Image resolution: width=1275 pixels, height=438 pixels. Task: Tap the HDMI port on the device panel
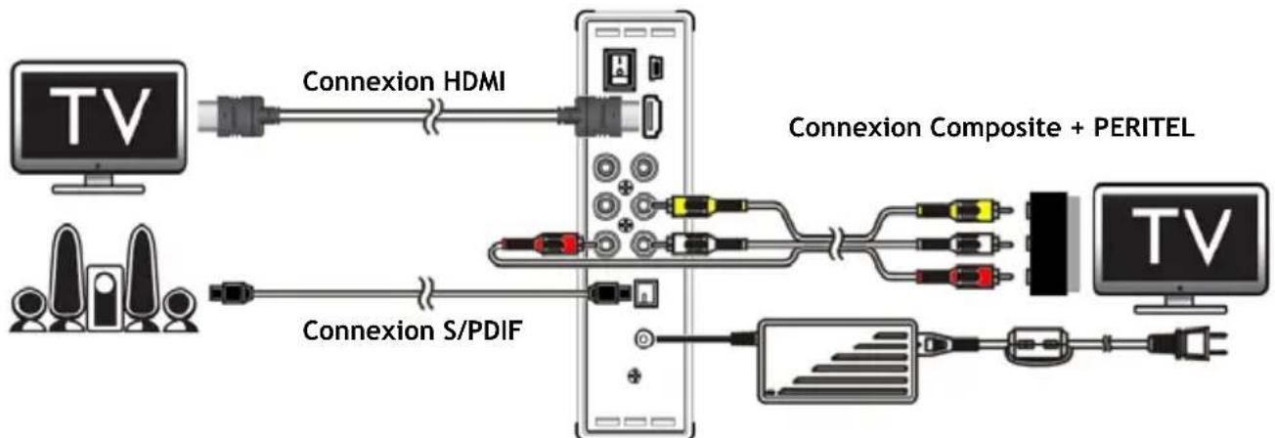click(652, 115)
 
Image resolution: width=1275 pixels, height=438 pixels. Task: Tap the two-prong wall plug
click(1199, 344)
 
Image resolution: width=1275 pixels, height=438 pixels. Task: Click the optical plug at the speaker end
click(234, 289)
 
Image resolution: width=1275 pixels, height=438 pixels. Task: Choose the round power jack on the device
click(642, 338)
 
